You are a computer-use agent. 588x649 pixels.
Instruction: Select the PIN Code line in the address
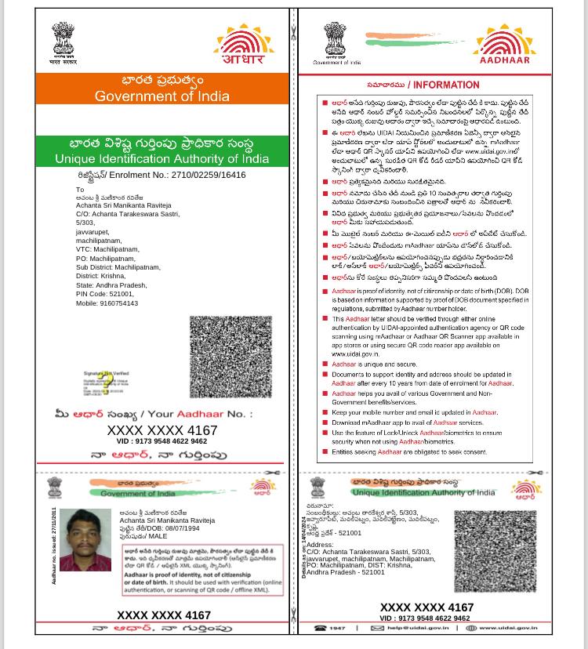pyautogui.click(x=104, y=294)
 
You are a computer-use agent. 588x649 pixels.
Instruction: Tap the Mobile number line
pyautogui.click(x=107, y=303)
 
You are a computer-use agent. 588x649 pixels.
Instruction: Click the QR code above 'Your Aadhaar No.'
pyautogui.click(x=230, y=357)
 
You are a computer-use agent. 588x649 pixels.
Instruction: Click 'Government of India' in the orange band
pyautogui.click(x=162, y=96)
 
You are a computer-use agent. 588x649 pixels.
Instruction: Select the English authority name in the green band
pyautogui.click(x=162, y=158)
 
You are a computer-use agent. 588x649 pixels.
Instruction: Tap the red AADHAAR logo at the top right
pyautogui.click(x=505, y=45)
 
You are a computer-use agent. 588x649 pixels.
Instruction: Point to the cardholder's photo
pyautogui.click(x=85, y=540)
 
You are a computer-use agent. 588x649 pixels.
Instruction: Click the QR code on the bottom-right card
pyautogui.click(x=495, y=553)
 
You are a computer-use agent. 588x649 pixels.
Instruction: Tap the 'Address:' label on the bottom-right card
pyautogui.click(x=320, y=545)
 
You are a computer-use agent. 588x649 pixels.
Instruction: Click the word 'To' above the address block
pyautogui.click(x=80, y=190)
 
